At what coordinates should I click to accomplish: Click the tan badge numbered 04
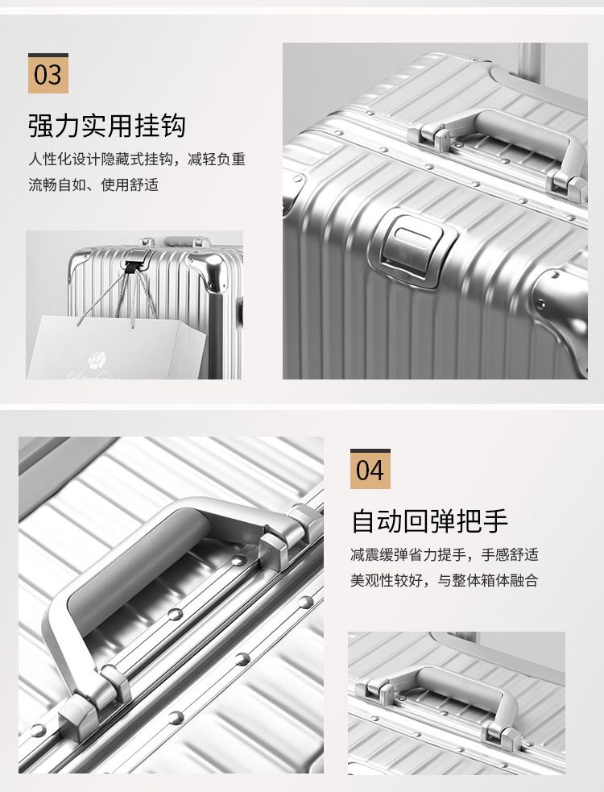coord(370,469)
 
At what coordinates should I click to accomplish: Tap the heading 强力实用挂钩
coord(106,126)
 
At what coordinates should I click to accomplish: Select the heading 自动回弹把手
coord(429,521)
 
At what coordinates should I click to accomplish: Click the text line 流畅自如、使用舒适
coord(93,185)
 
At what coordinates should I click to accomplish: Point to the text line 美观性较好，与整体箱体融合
coord(445,580)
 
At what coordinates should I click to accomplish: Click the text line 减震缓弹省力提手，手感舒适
coord(445,554)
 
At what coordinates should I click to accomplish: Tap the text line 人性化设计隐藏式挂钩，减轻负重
coord(137,160)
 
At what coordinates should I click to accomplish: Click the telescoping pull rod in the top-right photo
coord(530,59)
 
